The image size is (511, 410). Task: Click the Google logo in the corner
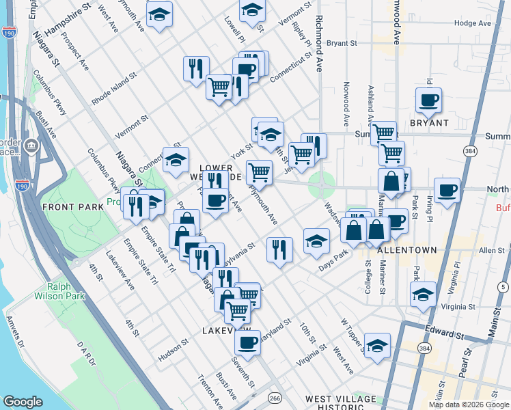click(x=23, y=402)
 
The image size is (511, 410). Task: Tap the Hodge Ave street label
click(x=473, y=23)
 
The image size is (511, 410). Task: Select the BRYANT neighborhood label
click(x=429, y=124)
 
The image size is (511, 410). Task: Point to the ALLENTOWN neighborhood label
click(x=410, y=251)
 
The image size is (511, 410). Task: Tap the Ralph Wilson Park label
click(x=67, y=292)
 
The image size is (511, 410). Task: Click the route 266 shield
click(x=275, y=397)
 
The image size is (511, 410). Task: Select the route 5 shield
click(x=503, y=287)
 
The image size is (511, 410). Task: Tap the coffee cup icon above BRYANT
click(x=428, y=100)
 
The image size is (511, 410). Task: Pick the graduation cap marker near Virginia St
click(x=423, y=294)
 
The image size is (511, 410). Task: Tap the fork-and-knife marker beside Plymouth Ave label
click(x=279, y=249)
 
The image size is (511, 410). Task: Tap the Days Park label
click(x=333, y=264)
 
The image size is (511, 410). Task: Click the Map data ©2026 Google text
click(x=468, y=405)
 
